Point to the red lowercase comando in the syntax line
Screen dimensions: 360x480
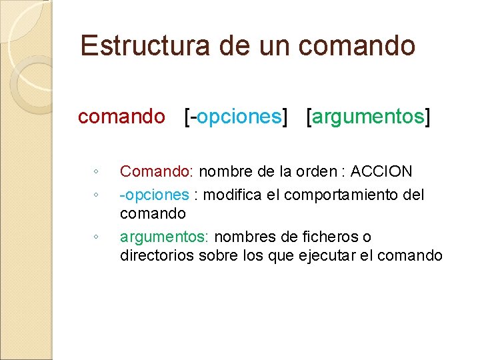click(x=121, y=117)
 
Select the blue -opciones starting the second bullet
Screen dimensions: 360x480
click(x=154, y=195)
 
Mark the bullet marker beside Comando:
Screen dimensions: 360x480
click(x=97, y=173)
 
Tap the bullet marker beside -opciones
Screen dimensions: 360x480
click(x=97, y=195)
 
